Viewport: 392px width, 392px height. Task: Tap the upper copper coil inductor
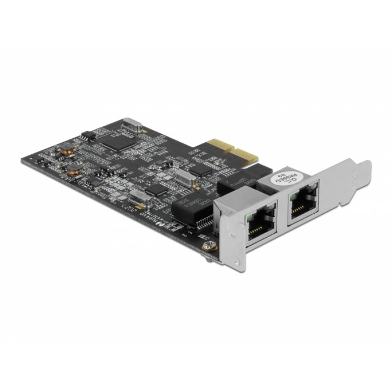click(65, 149)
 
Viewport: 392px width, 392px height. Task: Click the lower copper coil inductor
click(74, 170)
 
